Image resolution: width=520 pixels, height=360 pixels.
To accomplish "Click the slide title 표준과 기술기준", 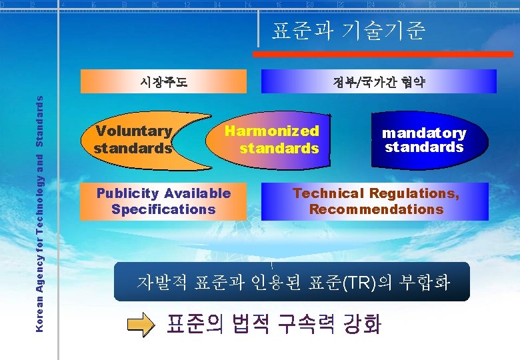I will point(347,31).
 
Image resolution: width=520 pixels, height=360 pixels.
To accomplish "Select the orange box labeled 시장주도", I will point(163,82).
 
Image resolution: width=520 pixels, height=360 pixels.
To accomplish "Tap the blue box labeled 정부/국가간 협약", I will point(379,82).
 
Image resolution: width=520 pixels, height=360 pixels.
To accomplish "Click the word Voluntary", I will point(133,131).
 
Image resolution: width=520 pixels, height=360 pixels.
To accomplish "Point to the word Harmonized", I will point(272,131).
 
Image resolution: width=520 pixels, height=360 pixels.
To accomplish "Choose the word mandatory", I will point(424,133).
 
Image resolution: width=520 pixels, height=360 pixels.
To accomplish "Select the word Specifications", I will point(163,209).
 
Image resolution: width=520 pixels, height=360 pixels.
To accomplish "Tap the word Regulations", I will point(414,193).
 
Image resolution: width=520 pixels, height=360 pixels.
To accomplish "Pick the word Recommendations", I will point(376,209).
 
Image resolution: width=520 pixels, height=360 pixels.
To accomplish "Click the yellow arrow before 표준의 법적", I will point(141,325).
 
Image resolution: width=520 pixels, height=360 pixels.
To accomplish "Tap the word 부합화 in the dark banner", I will point(425,283).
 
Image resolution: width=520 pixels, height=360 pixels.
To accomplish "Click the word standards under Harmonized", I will point(279,148).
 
